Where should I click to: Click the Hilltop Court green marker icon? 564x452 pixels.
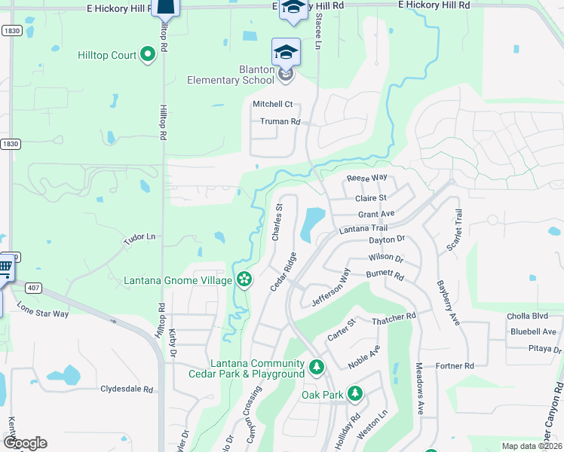pyautogui.click(x=147, y=54)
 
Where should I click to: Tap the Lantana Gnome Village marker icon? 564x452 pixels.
pyautogui.click(x=244, y=280)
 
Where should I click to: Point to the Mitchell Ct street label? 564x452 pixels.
pyautogui.click(x=272, y=104)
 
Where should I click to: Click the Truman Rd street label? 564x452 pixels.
pyautogui.click(x=280, y=121)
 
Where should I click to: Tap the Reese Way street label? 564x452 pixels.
pyautogui.click(x=366, y=178)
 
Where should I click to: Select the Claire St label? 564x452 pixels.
pyautogui.click(x=370, y=198)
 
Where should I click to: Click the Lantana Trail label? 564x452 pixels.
pyautogui.click(x=363, y=228)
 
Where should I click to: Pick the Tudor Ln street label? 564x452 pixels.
pyautogui.click(x=139, y=237)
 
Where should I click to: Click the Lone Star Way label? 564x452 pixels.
pyautogui.click(x=42, y=310)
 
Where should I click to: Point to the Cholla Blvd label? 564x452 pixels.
pyautogui.click(x=529, y=316)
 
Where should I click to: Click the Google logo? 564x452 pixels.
pyautogui.click(x=24, y=443)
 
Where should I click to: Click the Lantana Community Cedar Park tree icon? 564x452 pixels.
pyautogui.click(x=317, y=368)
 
